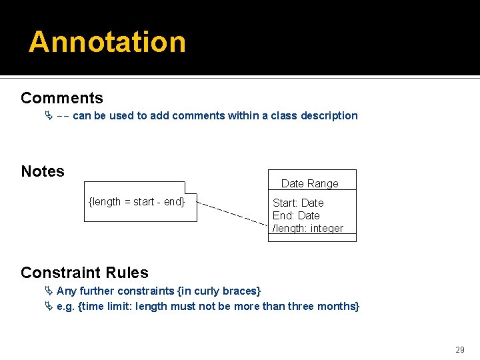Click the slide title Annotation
pos(107,41)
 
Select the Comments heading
pos(62,98)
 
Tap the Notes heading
pos(43,171)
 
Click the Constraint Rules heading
pos(85,272)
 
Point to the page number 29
pos(460,349)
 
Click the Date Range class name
pos(310,183)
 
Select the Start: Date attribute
pos(298,203)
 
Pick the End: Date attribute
pos(296,215)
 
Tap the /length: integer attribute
pos(308,228)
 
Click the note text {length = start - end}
pos(137,201)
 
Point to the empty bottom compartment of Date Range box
pos(312,237)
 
